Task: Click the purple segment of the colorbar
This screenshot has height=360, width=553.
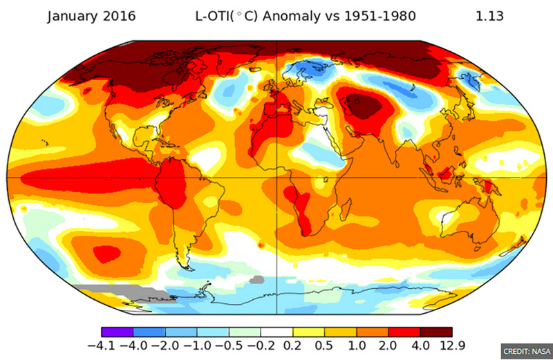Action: coord(117,332)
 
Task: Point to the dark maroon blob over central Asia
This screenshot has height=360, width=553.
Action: coord(366,106)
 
